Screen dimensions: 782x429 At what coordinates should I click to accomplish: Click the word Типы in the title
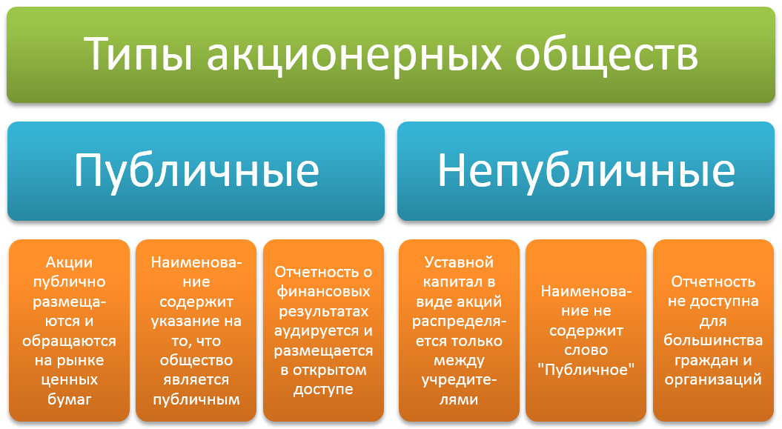[x=138, y=54]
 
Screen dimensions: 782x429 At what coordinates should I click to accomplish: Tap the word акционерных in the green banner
[x=354, y=54]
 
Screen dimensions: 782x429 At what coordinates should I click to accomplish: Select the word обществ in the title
[x=606, y=54]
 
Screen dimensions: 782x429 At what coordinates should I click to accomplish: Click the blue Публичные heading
[x=196, y=171]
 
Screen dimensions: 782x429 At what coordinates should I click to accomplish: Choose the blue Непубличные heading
[x=586, y=171]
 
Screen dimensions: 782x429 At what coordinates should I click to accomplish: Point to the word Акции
[x=70, y=262]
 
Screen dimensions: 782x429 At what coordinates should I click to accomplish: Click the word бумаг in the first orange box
[x=70, y=399]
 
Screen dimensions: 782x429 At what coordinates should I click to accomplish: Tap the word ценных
[x=70, y=379]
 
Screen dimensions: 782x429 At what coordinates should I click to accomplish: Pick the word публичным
[x=196, y=399]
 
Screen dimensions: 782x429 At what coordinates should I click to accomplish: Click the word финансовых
[x=323, y=292]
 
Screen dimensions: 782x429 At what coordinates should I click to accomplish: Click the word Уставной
[x=459, y=262]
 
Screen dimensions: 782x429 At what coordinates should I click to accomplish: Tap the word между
[x=459, y=360]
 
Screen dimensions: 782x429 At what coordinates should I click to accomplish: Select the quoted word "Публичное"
[x=586, y=370]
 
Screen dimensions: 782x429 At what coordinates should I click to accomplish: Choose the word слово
[x=586, y=350]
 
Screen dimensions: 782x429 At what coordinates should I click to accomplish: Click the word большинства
[x=713, y=341]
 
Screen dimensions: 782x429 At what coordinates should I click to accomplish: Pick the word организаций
[x=713, y=379]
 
